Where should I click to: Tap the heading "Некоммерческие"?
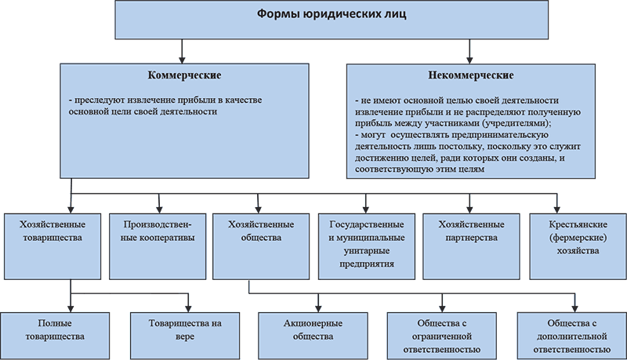471,76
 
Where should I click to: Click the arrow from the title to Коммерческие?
182,51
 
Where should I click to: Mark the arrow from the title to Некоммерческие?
470,51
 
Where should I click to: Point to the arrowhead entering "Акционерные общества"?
317,307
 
